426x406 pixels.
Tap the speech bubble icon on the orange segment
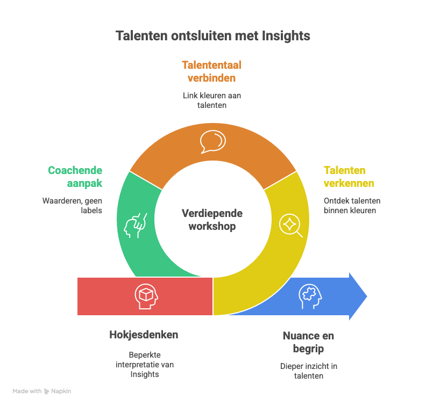click(x=212, y=142)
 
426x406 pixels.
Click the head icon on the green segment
click(x=134, y=225)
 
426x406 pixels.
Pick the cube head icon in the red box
click(x=144, y=296)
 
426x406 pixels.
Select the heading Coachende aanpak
click(x=75, y=177)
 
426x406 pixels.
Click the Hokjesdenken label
click(x=144, y=335)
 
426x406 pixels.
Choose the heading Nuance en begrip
click(x=308, y=342)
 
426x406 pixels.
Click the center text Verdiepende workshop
click(x=212, y=220)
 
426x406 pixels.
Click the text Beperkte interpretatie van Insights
click(x=145, y=364)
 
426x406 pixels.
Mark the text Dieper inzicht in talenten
click(x=309, y=371)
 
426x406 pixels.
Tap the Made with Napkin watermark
click(x=42, y=392)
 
